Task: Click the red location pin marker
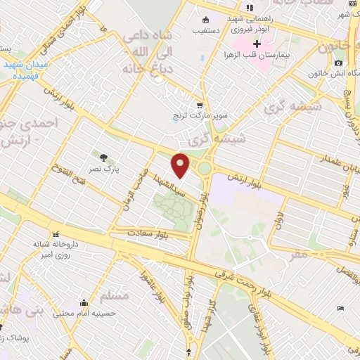pyautogui.click(x=181, y=166)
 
